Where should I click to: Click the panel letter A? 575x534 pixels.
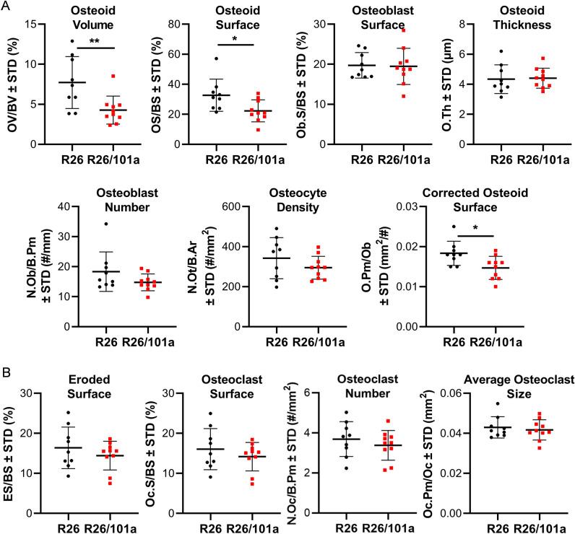pyautogui.click(x=7, y=6)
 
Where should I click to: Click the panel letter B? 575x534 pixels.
pyautogui.click(x=7, y=355)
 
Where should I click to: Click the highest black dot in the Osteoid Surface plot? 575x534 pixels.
pyautogui.click(x=215, y=58)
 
